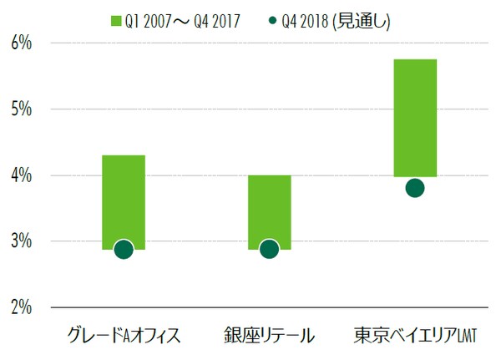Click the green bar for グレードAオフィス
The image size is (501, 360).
click(124, 200)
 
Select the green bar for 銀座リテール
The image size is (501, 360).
click(269, 209)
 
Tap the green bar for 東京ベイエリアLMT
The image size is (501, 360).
click(415, 118)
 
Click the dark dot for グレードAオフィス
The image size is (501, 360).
click(124, 249)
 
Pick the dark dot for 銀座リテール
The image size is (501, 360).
click(269, 249)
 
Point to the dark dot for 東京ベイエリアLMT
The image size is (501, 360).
click(415, 188)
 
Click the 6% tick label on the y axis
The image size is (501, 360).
click(20, 43)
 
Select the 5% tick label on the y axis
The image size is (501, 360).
click(20, 109)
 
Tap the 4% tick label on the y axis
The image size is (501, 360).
click(20, 175)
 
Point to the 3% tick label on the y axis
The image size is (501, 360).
click(20, 241)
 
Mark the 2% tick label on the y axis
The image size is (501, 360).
click(20, 307)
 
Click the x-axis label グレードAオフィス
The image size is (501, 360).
click(124, 336)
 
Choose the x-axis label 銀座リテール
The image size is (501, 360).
click(269, 336)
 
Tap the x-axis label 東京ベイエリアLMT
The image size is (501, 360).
click(414, 336)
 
